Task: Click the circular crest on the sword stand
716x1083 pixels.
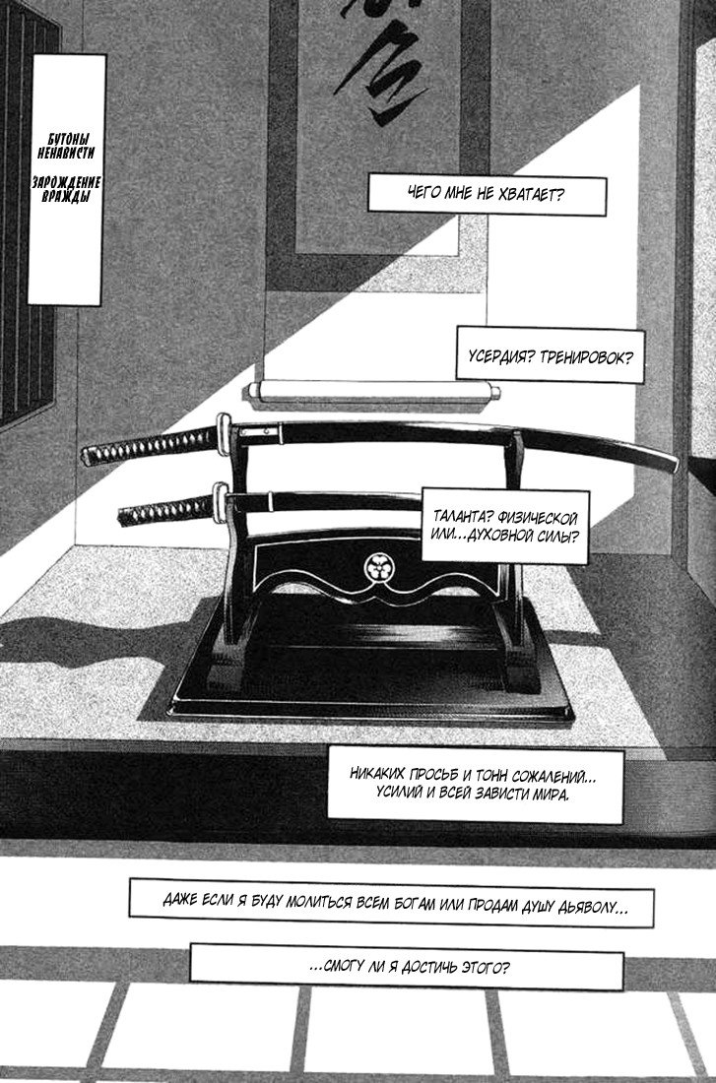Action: pos(378,565)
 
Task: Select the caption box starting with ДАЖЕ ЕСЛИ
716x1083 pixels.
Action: pos(390,903)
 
